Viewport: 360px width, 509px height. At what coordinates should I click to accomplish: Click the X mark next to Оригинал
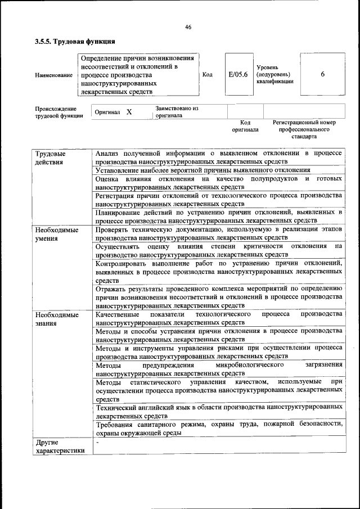tap(129, 112)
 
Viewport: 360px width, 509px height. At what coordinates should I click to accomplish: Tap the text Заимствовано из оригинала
tap(177, 112)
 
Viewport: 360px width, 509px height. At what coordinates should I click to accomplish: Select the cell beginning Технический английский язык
tap(219, 411)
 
